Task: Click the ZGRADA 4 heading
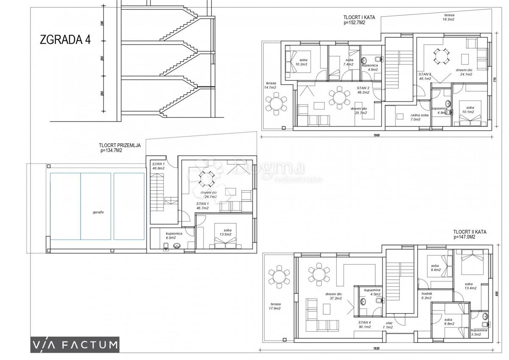[65, 40]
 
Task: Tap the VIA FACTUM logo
[74, 344]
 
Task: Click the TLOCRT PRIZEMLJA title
[120, 147]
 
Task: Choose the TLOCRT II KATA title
[470, 235]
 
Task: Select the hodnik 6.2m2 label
[427, 295]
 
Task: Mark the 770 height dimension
[495, 79]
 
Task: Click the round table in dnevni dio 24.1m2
[439, 56]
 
